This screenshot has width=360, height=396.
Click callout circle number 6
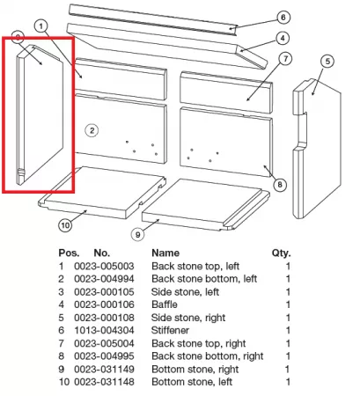tap(283, 18)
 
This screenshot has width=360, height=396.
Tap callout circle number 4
tap(283, 38)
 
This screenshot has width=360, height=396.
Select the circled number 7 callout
tap(286, 59)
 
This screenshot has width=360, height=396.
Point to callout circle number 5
tap(327, 62)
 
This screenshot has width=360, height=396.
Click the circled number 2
tap(92, 130)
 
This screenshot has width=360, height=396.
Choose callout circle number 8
tap(280, 185)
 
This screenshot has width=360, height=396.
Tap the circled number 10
tap(65, 225)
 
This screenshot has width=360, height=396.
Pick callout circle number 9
tap(137, 234)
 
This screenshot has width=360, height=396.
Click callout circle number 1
tap(40, 26)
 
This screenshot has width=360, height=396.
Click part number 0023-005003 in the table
tap(104, 266)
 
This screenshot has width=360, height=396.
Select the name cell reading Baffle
tap(165, 304)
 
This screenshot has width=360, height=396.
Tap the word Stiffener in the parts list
tap(170, 330)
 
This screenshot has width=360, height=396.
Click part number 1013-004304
tap(104, 330)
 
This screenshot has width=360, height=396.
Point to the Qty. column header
tap(281, 253)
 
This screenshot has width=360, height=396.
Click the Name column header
tap(165, 253)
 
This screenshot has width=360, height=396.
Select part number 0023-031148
tap(104, 382)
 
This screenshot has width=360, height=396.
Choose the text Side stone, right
tap(188, 318)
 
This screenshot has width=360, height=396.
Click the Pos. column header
tap(69, 253)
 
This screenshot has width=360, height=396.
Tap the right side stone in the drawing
tap(317, 148)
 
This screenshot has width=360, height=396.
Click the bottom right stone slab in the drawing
tap(206, 204)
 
